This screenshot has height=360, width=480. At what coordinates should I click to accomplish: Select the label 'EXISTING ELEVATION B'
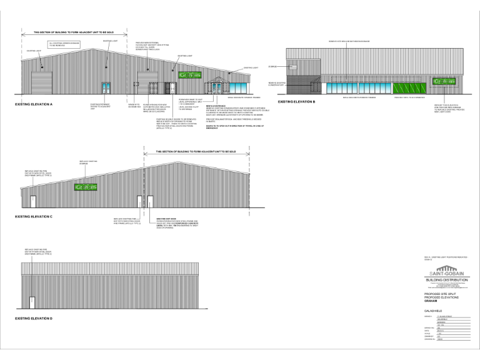pyautogui.click(x=296, y=101)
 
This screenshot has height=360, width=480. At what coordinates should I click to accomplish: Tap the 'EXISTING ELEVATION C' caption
pyautogui.click(x=33, y=216)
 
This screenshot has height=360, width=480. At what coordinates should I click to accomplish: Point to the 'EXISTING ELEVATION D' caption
pyautogui.click(x=33, y=319)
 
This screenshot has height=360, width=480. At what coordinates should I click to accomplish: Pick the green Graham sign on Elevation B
pyautogui.click(x=442, y=82)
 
